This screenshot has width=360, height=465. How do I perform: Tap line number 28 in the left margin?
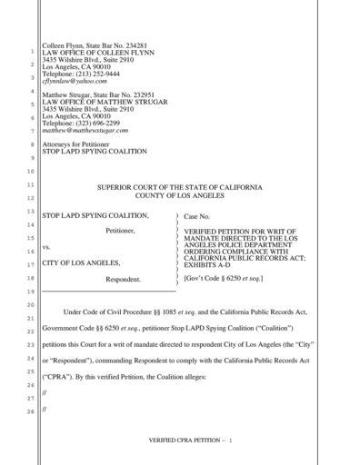pyautogui.click(x=30, y=412)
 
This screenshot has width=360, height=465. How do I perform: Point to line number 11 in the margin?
pyautogui.click(x=30, y=185)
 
